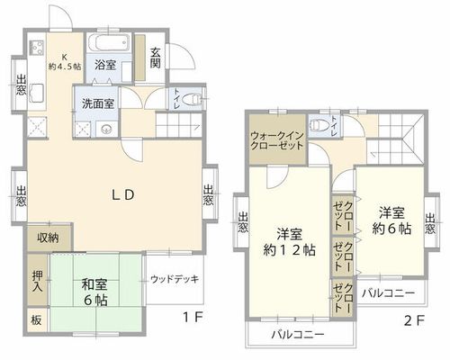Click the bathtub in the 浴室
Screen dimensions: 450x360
[x=109, y=43]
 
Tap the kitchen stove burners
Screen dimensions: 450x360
[x=36, y=48]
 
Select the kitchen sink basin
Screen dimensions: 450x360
[x=37, y=93]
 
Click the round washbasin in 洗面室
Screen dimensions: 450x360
[x=106, y=130]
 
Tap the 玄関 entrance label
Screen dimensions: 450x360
[x=155, y=58]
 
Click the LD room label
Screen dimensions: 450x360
[x=123, y=195]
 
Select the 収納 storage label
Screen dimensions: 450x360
[x=48, y=238]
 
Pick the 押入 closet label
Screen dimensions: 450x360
[x=38, y=281]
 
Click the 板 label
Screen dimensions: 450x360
[x=36, y=320]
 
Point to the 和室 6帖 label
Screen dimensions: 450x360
[x=95, y=292]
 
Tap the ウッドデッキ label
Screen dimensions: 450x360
[x=175, y=279]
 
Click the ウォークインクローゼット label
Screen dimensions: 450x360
[x=277, y=140]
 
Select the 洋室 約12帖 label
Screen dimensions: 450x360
[x=289, y=242]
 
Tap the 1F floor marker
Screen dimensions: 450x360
[x=193, y=318]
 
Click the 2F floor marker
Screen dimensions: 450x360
[x=414, y=321]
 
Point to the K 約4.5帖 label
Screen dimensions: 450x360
[x=65, y=62]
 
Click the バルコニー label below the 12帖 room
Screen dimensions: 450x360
[x=298, y=334]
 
